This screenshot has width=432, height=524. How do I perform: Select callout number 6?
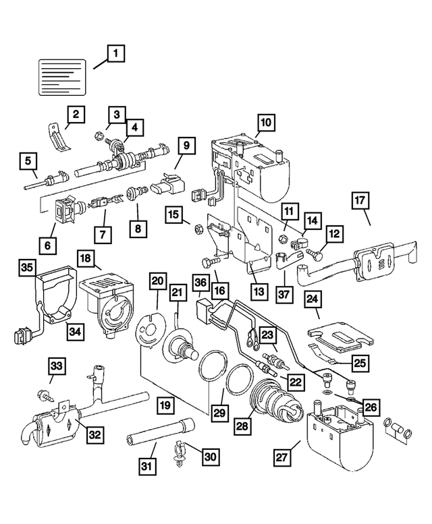[x=47, y=246]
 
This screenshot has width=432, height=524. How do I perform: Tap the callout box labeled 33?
[x=57, y=366]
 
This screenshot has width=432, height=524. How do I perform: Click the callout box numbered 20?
[x=157, y=281]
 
